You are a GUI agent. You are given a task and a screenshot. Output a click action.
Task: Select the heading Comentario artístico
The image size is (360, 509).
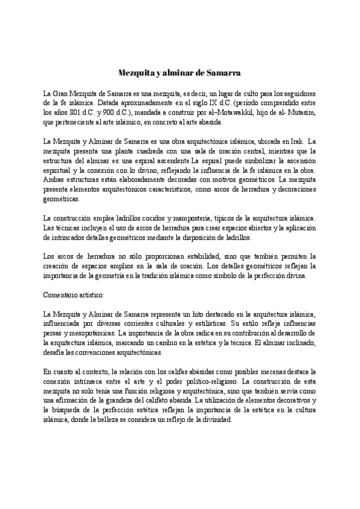74,295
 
